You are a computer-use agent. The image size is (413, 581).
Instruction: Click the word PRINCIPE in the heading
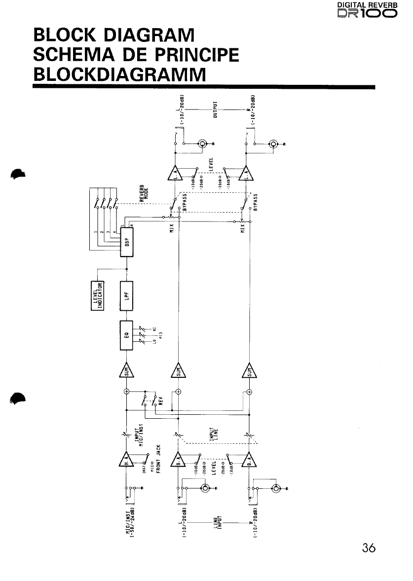193,54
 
